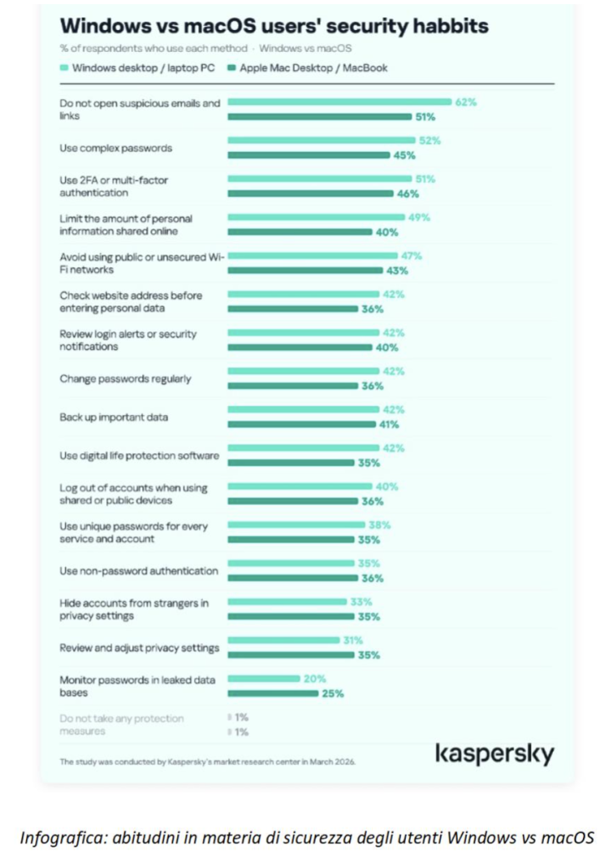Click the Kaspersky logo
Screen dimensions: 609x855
(x=495, y=754)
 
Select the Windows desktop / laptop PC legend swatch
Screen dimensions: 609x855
(x=64, y=68)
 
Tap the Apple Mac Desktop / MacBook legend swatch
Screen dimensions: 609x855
(x=231, y=68)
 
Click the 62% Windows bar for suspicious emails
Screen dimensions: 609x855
(x=339, y=102)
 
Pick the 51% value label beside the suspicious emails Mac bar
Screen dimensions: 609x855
(x=425, y=117)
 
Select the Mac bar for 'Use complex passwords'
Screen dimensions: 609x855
(x=309, y=155)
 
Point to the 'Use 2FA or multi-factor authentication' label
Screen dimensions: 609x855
(x=114, y=186)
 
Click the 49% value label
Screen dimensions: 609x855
(x=419, y=218)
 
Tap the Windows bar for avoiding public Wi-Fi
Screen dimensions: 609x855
(x=312, y=255)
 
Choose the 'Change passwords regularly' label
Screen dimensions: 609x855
(x=125, y=379)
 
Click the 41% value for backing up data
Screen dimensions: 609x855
(x=389, y=424)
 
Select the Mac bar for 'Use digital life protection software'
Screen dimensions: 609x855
(x=291, y=463)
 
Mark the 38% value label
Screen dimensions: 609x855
(x=379, y=525)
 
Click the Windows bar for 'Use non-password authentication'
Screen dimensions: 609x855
(x=291, y=564)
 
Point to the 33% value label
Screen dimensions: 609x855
(x=361, y=602)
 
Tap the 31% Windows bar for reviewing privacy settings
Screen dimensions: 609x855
(x=284, y=640)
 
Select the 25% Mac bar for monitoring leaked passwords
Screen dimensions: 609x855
(x=273, y=694)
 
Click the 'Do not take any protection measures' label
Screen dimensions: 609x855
(x=122, y=725)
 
